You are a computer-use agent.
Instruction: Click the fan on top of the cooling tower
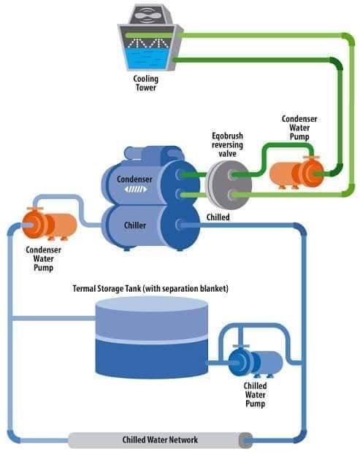click(x=150, y=15)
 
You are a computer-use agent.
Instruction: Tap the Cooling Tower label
click(x=146, y=83)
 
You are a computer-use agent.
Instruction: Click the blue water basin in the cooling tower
click(x=148, y=58)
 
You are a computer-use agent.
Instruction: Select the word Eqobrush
click(x=227, y=136)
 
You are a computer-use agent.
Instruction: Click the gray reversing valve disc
click(x=229, y=185)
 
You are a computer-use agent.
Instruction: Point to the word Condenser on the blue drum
click(x=134, y=179)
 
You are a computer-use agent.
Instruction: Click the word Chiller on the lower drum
click(x=135, y=225)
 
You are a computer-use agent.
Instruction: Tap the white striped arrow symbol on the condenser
click(x=136, y=189)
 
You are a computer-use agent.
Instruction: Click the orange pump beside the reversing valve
click(x=296, y=173)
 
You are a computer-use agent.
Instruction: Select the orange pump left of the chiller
click(x=50, y=224)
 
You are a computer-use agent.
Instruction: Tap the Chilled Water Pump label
click(x=255, y=395)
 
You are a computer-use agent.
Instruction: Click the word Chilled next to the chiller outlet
click(x=218, y=217)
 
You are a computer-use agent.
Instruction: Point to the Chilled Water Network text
click(x=160, y=440)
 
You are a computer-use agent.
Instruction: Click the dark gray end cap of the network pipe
click(x=245, y=441)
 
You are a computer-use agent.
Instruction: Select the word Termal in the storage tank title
click(x=83, y=288)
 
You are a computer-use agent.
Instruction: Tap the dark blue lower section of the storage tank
click(x=151, y=358)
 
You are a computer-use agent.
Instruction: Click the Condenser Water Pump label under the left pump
click(x=43, y=259)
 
